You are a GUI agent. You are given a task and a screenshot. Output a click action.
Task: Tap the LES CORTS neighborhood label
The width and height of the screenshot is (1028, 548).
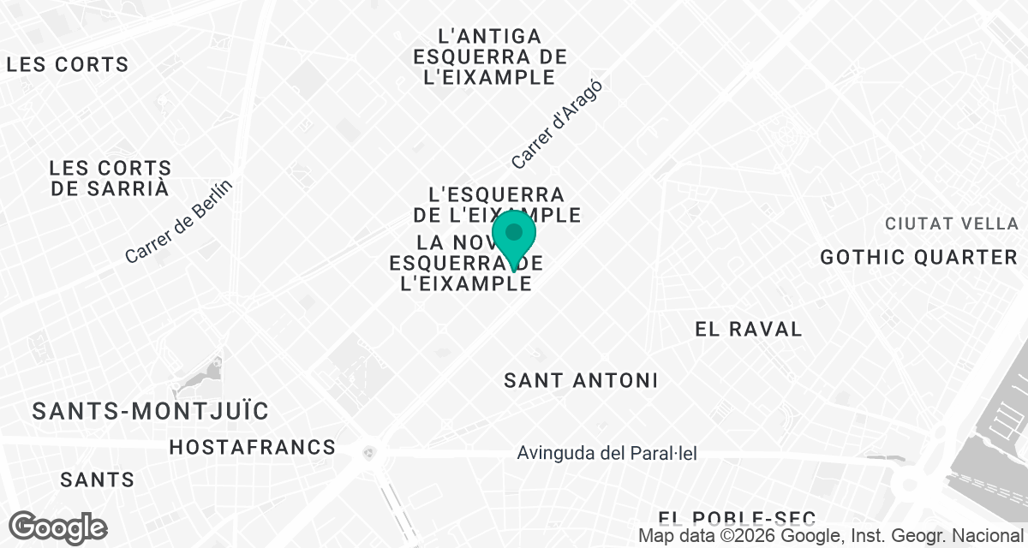point(67,64)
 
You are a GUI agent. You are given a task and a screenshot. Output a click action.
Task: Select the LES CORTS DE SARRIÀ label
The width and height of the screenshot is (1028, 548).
point(110,178)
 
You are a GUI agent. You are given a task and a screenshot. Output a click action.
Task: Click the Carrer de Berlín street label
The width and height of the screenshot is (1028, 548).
point(178,222)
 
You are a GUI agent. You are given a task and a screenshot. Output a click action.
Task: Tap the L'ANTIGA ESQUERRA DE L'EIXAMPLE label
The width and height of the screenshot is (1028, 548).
point(489,57)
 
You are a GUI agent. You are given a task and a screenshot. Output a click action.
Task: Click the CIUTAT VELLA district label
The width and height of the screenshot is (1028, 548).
point(951,223)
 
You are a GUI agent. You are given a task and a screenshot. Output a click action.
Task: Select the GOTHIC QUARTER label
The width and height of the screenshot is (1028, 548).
point(917,257)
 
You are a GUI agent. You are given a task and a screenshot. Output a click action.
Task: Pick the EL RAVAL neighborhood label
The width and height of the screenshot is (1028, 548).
point(749,329)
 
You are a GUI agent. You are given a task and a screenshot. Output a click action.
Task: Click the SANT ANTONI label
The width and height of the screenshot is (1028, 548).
point(581,380)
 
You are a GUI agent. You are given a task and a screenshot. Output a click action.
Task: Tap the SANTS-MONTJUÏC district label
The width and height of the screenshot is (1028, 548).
point(151,411)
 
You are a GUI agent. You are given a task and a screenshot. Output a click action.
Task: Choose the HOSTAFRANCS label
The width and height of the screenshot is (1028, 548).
point(252,447)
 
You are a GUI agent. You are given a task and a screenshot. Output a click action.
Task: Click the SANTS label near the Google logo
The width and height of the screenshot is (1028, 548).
point(97,479)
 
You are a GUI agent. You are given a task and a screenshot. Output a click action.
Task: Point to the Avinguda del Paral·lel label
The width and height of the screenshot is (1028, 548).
point(607,453)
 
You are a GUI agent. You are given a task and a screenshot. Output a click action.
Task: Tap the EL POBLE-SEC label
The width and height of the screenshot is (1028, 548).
point(737,517)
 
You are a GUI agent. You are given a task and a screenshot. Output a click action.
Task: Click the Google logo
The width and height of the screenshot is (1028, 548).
point(57,527)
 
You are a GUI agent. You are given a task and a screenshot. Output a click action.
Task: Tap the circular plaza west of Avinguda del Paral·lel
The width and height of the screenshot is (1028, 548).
point(370,451)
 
